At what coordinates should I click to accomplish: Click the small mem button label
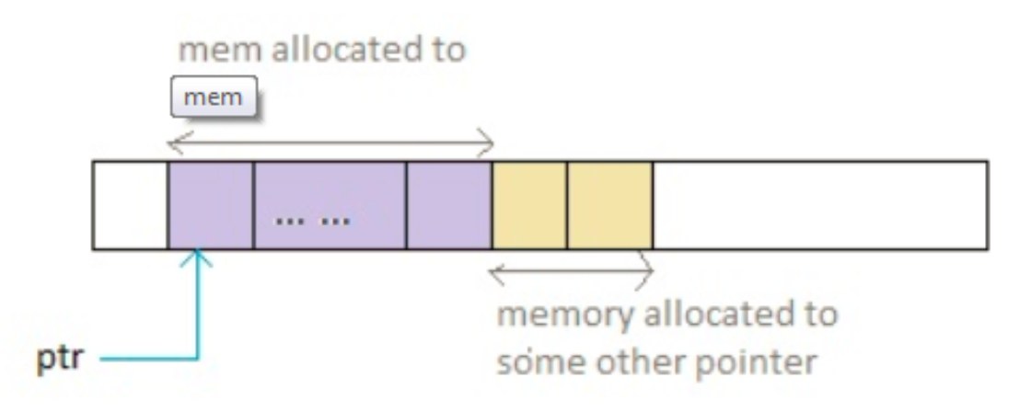213,97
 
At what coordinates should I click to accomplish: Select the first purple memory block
210,204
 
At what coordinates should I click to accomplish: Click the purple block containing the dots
330,204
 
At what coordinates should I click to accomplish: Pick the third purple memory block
449,204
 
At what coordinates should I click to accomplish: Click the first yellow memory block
529,204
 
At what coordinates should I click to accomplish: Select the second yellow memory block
609,204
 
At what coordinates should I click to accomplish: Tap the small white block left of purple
130,204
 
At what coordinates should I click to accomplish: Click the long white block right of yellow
820,204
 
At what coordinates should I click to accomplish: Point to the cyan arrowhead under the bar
198,261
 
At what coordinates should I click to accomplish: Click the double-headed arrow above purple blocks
330,142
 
